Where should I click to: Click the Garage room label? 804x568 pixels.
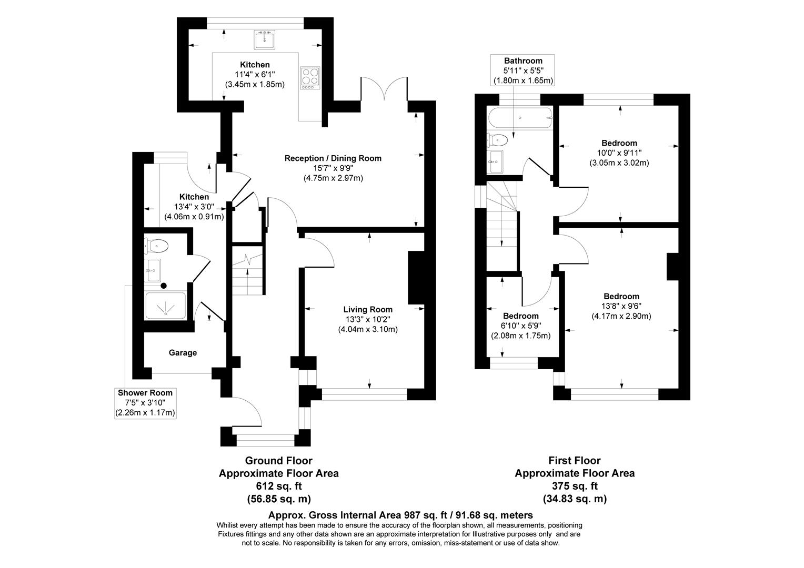tap(183, 352)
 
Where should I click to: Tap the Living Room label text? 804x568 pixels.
tap(368, 309)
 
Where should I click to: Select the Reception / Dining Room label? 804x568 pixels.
tap(333, 158)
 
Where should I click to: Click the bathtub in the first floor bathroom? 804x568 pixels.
tap(520, 118)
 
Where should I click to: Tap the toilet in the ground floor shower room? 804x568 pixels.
tap(157, 246)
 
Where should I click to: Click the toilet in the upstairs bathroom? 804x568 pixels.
tap(498, 140)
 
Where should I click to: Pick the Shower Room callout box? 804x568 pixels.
tap(145, 403)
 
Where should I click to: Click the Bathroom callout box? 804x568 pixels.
tap(522, 70)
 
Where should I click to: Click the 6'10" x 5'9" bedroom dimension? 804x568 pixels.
tap(520, 326)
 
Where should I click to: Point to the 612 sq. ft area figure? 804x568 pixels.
tap(278, 486)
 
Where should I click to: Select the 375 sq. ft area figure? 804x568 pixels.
tap(574, 486)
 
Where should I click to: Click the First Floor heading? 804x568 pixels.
tap(574, 461)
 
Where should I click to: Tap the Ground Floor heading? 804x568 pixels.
tap(278, 461)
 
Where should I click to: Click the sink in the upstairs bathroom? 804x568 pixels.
tap(495, 161)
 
